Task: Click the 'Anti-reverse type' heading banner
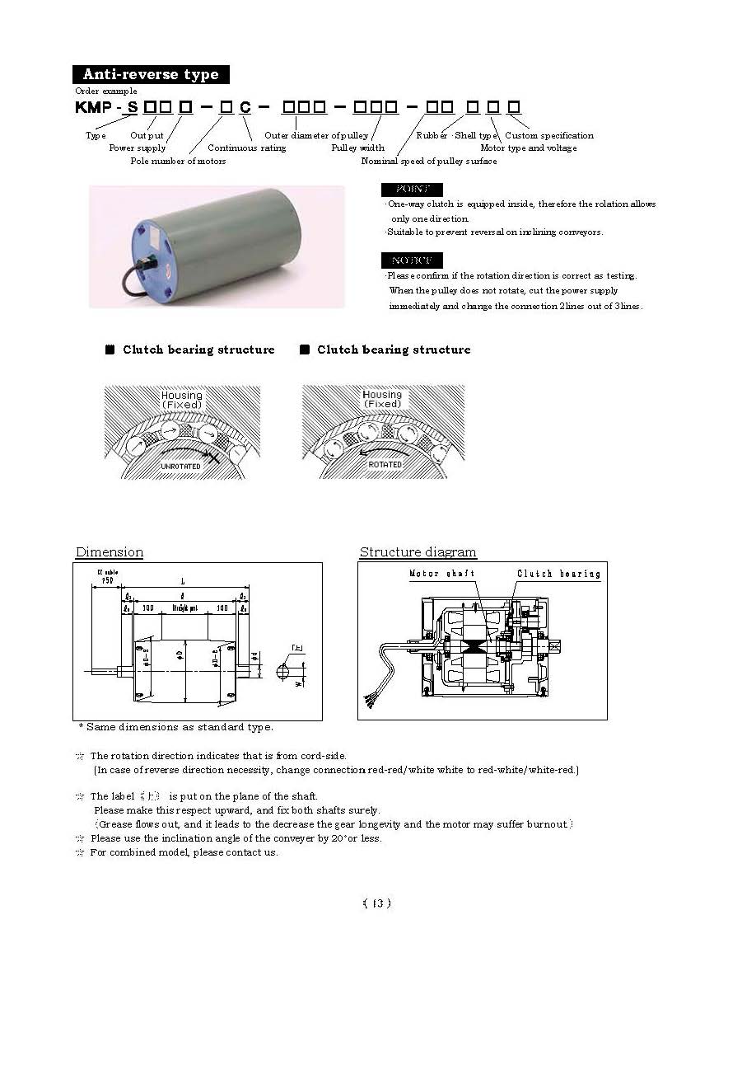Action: (x=150, y=74)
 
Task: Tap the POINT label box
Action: (x=413, y=190)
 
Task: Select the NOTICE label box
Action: (x=413, y=260)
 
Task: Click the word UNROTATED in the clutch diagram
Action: (x=181, y=466)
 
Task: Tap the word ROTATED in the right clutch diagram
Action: (x=385, y=465)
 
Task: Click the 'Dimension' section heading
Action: (x=110, y=552)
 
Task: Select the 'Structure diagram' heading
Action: (x=418, y=552)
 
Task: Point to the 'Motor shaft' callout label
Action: (x=441, y=574)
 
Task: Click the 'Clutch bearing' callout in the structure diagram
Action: (x=558, y=574)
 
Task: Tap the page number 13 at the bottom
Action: (x=377, y=903)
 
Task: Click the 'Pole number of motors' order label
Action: (x=178, y=161)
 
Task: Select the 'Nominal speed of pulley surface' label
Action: (x=429, y=161)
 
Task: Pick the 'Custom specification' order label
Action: (x=548, y=135)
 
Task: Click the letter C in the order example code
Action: (x=245, y=108)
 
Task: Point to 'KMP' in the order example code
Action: (x=93, y=108)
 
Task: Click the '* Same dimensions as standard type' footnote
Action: (x=175, y=727)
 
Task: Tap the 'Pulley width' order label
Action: (x=357, y=148)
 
